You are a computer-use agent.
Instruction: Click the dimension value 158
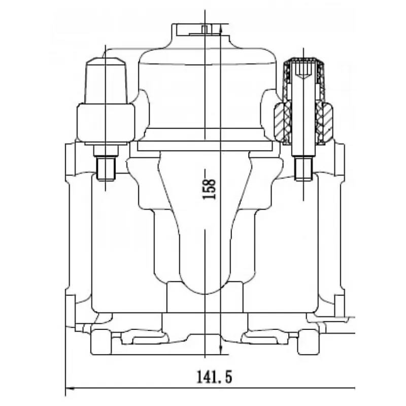coord(209,189)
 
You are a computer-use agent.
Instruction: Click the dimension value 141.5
coord(214,377)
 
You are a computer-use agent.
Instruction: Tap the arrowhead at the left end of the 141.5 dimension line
coord(70,388)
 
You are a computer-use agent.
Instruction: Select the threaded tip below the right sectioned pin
coord(303,169)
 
